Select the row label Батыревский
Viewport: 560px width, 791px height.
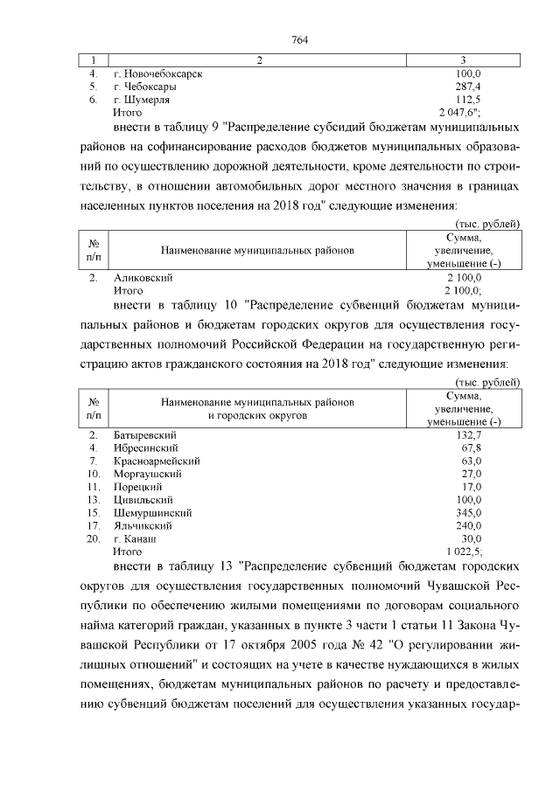tap(146, 434)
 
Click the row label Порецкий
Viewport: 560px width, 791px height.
tap(139, 487)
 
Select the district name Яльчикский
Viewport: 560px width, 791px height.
tap(143, 526)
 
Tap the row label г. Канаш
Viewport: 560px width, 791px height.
tap(137, 539)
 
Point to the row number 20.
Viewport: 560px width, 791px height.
tap(93, 539)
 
